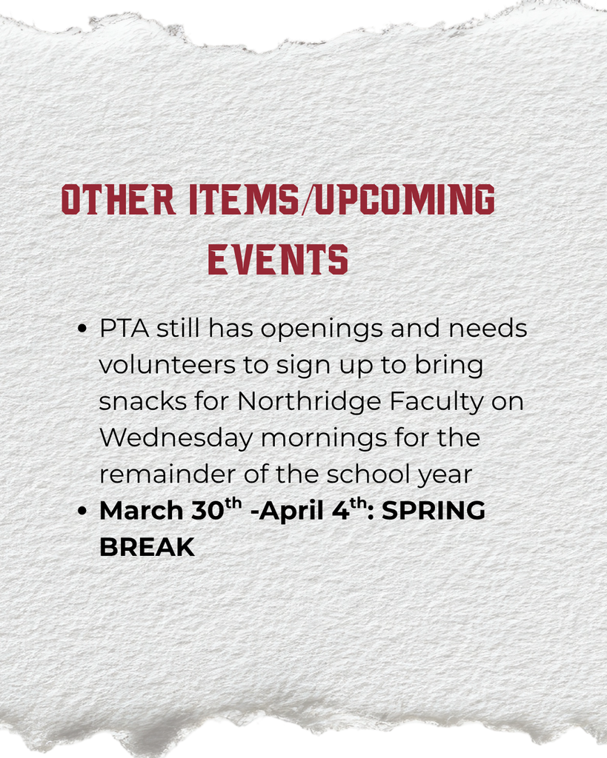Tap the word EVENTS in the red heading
(x=278, y=261)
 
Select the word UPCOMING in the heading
(x=405, y=200)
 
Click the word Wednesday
(x=176, y=438)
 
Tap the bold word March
(x=141, y=511)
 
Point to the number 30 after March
(x=207, y=511)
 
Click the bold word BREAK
(x=147, y=547)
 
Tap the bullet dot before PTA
(x=83, y=329)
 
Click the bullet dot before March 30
(x=83, y=512)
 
